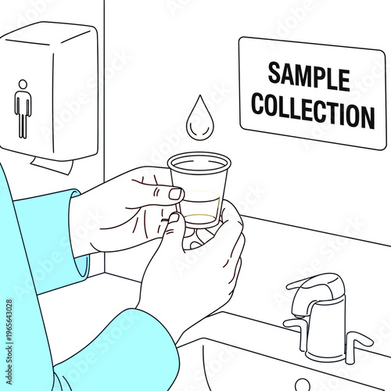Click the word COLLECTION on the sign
pyautogui.click(x=313, y=111)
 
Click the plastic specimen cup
pyautogui.click(x=199, y=192)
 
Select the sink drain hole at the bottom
pyautogui.click(x=301, y=385)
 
